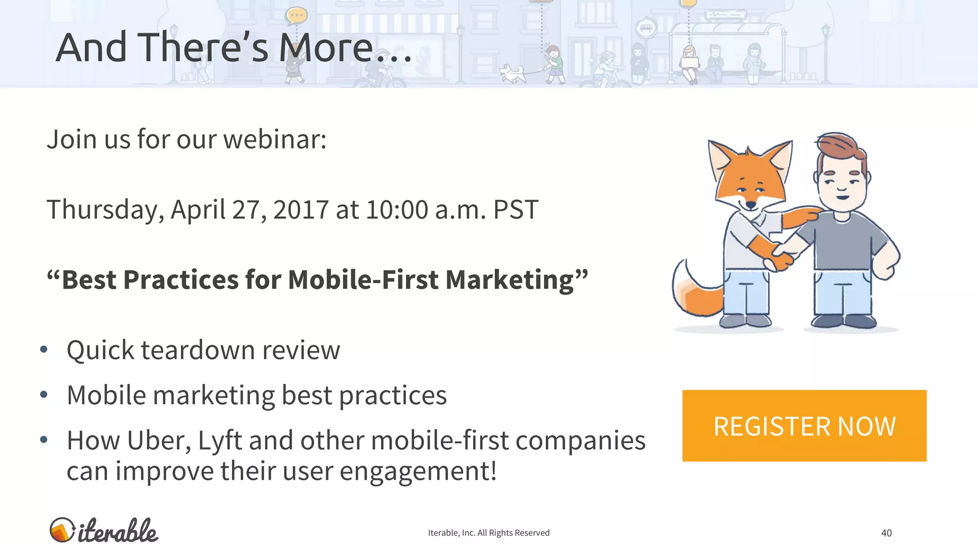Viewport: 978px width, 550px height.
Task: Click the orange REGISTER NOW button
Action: click(804, 425)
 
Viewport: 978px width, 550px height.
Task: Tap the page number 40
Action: click(886, 533)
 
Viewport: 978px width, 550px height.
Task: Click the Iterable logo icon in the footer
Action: click(62, 530)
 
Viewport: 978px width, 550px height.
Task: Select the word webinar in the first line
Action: click(275, 139)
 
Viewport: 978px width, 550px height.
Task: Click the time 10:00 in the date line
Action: click(397, 210)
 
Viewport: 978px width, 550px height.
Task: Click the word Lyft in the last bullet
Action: click(220, 441)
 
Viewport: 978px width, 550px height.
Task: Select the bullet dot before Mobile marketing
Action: click(44, 395)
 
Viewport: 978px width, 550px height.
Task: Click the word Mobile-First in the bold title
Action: click(363, 280)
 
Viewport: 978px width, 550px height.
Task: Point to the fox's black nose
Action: click(751, 205)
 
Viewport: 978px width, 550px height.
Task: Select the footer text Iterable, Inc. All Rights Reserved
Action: click(489, 533)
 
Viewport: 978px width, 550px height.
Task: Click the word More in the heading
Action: click(326, 48)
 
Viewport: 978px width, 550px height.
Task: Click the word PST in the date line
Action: click(516, 210)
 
